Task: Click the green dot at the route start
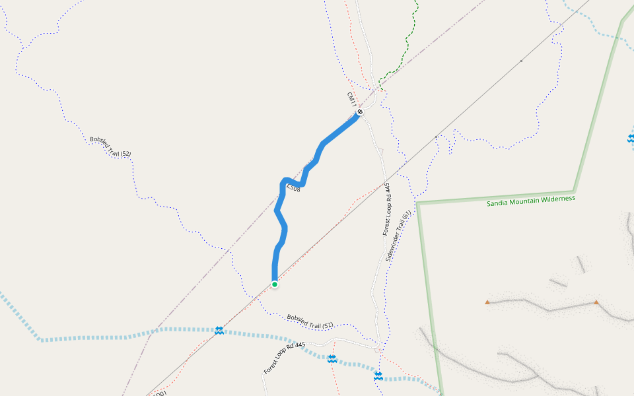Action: click(x=274, y=284)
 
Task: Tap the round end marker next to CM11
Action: click(x=360, y=112)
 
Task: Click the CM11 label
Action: click(x=351, y=99)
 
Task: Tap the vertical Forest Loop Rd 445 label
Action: click(x=386, y=209)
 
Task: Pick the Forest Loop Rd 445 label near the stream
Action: click(x=285, y=358)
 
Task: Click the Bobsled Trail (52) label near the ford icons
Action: click(x=310, y=321)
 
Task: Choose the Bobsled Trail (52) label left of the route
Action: click(x=110, y=147)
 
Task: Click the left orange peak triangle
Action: click(x=487, y=302)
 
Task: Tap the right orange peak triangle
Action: click(x=596, y=302)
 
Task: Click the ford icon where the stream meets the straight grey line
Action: click(x=219, y=330)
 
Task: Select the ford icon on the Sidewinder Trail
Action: click(x=378, y=376)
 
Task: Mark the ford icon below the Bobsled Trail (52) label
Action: click(x=332, y=358)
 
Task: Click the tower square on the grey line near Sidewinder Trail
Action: click(x=437, y=137)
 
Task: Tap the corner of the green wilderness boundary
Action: click(x=419, y=203)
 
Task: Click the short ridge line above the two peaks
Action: click(x=559, y=283)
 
